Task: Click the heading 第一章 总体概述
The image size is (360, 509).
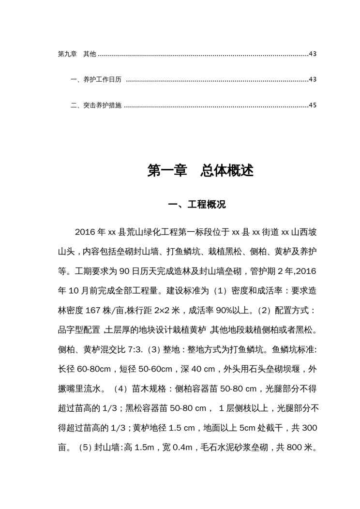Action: (200, 171)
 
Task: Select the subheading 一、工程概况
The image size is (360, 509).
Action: (196, 205)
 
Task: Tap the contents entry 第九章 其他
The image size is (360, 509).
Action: (76, 54)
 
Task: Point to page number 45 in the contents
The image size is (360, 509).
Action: (312, 105)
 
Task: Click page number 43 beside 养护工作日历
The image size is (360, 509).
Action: (312, 79)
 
